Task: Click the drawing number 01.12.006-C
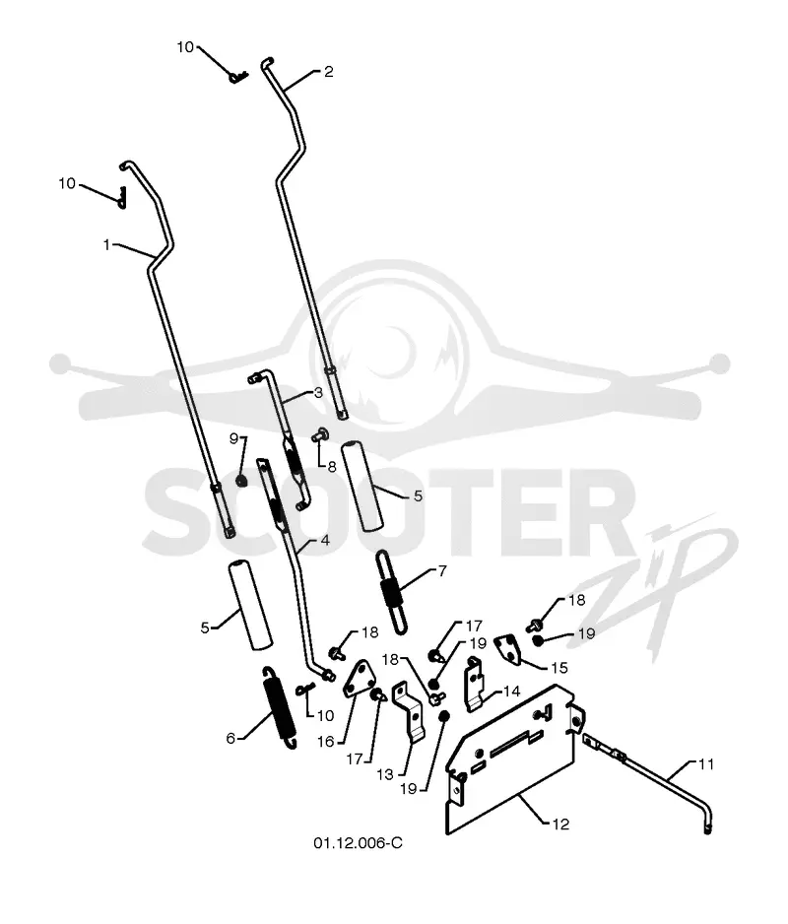(x=358, y=842)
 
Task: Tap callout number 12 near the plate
(x=560, y=824)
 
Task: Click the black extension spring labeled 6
(x=279, y=707)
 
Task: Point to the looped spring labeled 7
(x=392, y=591)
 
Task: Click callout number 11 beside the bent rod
(x=706, y=764)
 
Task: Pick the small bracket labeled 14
(x=477, y=684)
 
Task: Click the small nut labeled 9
(x=241, y=482)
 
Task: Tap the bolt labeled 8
(x=319, y=435)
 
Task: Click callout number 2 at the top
(x=329, y=71)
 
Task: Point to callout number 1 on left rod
(x=106, y=244)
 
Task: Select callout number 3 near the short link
(x=318, y=392)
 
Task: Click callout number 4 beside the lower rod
(x=325, y=541)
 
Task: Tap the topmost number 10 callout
(x=185, y=47)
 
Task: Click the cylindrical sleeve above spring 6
(x=250, y=605)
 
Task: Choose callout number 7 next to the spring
(x=442, y=570)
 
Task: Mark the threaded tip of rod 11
(x=707, y=829)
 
